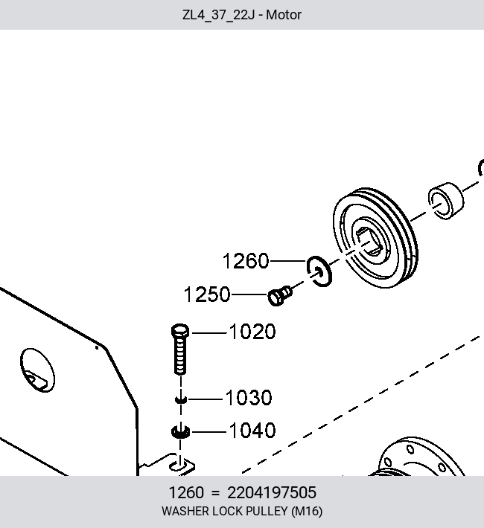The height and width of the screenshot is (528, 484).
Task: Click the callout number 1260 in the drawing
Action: [x=246, y=261]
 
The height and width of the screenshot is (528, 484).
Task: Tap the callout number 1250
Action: [x=207, y=294]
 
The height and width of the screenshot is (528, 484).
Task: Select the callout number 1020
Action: [x=252, y=332]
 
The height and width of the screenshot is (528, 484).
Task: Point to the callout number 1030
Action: [x=249, y=398]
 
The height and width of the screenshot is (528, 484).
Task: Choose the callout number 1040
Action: [x=252, y=431]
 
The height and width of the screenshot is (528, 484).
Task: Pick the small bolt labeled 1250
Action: [x=280, y=296]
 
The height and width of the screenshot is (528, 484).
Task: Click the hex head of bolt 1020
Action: [x=180, y=331]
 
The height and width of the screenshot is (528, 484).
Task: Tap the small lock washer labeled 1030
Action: [x=181, y=399]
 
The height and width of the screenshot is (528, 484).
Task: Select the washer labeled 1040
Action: [x=180, y=432]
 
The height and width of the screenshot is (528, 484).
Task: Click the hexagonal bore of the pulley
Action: [x=369, y=242]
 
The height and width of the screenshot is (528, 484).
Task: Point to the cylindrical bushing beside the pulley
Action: [x=446, y=201]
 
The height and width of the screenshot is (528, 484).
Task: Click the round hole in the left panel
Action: [x=37, y=370]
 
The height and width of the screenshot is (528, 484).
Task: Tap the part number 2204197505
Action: [x=272, y=492]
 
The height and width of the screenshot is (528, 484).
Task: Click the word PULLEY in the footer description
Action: [x=267, y=511]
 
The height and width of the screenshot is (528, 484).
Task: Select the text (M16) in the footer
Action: [x=307, y=512]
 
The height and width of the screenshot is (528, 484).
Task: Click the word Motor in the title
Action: [x=284, y=15]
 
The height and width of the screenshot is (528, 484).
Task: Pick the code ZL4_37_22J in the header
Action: [x=219, y=16]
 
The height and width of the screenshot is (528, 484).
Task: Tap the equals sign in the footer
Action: [x=215, y=493]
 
